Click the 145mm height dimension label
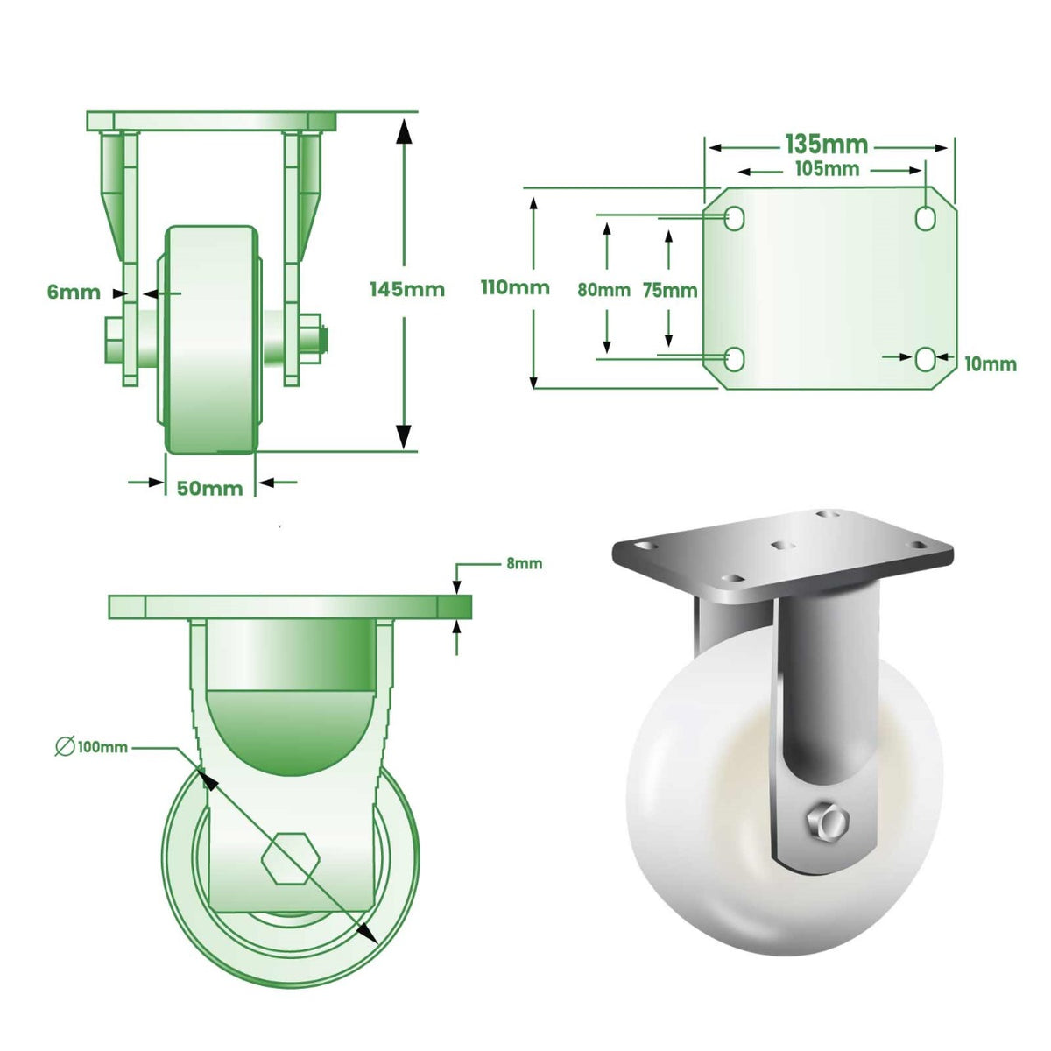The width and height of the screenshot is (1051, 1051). [406, 289]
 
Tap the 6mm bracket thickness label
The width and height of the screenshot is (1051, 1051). [74, 293]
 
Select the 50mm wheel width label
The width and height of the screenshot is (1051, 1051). [210, 488]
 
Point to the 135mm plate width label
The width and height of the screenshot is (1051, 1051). [826, 144]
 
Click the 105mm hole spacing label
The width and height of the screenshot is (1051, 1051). [826, 168]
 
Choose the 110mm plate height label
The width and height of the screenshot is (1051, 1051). [515, 287]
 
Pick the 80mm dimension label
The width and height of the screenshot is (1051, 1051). [603, 290]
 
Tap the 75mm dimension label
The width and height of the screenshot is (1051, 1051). [669, 290]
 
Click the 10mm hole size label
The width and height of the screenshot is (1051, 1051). [991, 363]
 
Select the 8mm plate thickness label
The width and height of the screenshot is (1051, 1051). [524, 563]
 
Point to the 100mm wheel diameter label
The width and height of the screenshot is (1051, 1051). [102, 747]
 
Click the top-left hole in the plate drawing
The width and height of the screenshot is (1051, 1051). [735, 218]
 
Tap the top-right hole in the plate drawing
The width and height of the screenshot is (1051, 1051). [926, 218]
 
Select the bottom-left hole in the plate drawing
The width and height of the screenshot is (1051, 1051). [735, 358]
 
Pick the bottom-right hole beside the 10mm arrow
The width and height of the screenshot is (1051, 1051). [926, 358]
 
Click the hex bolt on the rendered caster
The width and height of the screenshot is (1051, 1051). [825, 824]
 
